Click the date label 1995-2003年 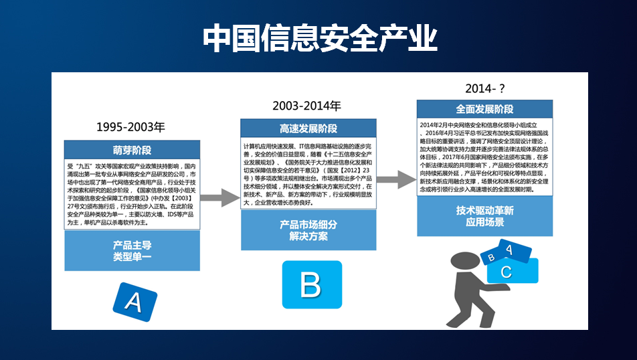tap(130, 127)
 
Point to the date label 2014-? tap(484, 88)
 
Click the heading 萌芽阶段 tap(132, 150)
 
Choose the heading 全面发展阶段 tap(484, 109)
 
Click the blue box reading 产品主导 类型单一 tap(132, 250)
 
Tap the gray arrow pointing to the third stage tap(396, 178)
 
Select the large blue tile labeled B tap(311, 284)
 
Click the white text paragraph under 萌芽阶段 tap(132, 194)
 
